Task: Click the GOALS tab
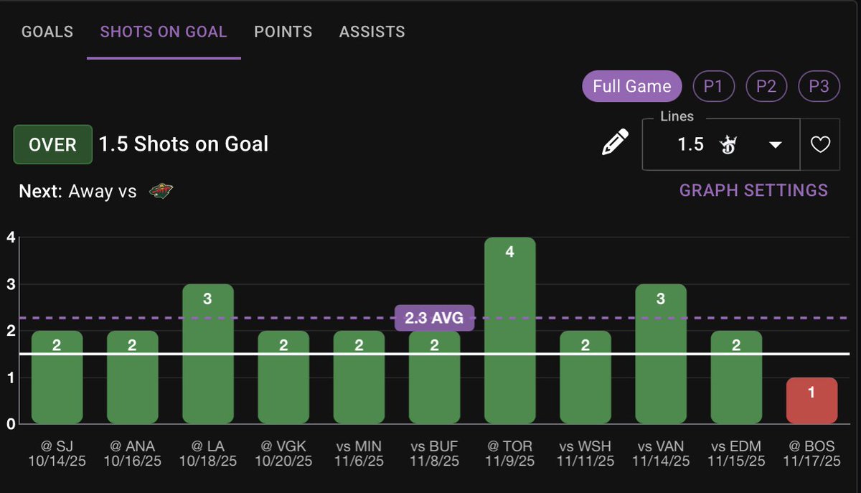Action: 47,32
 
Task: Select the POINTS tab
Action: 283,32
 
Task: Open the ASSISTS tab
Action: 372,32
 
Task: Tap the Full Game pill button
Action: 631,87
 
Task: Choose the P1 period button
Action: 712,87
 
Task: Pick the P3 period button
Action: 819,87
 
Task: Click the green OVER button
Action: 52,144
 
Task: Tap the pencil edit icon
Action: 615,143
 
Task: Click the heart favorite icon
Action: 820,145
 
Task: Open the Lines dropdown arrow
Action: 775,145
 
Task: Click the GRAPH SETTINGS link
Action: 753,190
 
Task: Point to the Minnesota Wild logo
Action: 161,192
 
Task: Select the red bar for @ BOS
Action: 811,400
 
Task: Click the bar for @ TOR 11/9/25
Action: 509,330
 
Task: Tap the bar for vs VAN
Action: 661,354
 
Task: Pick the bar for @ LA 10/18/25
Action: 207,354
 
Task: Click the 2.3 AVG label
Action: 434,317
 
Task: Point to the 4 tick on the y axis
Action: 9,238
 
